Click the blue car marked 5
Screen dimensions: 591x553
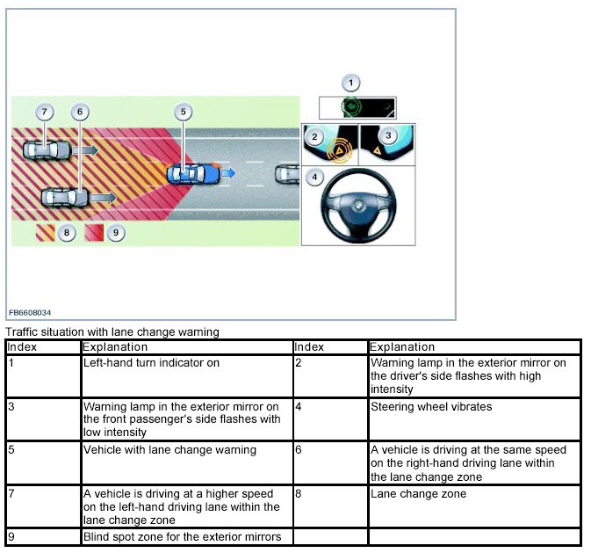click(195, 173)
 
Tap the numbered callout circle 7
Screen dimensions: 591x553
click(46, 113)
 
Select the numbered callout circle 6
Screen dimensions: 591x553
click(80, 113)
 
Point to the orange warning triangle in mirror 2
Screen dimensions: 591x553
click(338, 150)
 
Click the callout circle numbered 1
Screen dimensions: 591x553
click(351, 84)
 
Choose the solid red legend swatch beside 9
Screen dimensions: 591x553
click(95, 234)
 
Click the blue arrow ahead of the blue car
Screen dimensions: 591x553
click(227, 174)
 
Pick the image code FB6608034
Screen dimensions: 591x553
click(31, 311)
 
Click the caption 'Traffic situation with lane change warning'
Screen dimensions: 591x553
click(112, 332)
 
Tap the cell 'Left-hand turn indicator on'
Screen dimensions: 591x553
click(151, 362)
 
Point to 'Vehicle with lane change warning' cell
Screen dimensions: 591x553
click(169, 450)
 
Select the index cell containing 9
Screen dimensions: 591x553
click(11, 536)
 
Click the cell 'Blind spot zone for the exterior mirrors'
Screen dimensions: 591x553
click(182, 536)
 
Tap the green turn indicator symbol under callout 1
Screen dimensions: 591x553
click(351, 108)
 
